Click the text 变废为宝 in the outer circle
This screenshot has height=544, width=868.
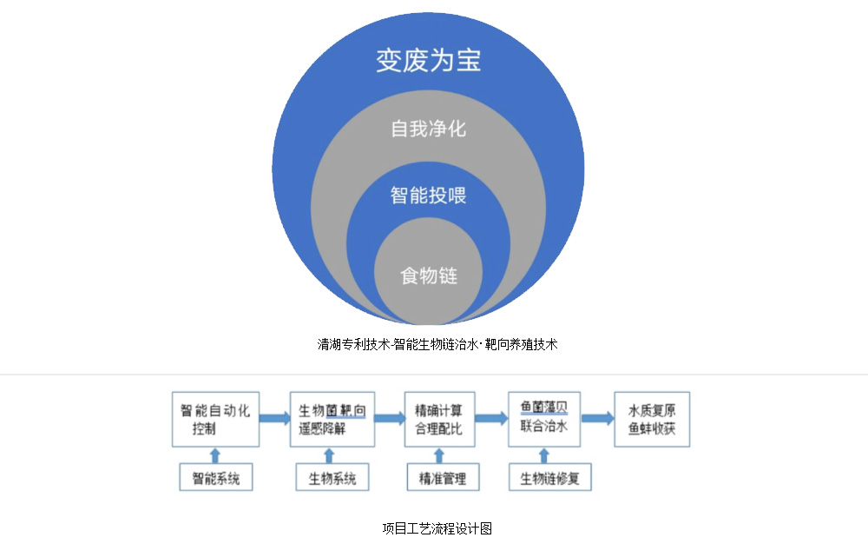pyautogui.click(x=428, y=61)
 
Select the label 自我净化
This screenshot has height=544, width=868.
pyautogui.click(x=428, y=129)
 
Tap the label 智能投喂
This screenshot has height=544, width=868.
pyautogui.click(x=428, y=196)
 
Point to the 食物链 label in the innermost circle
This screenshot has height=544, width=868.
pyautogui.click(x=428, y=276)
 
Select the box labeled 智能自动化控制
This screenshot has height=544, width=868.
pyautogui.click(x=215, y=420)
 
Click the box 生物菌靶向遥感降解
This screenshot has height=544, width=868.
pyautogui.click(x=332, y=420)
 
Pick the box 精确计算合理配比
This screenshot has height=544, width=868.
pyautogui.click(x=439, y=420)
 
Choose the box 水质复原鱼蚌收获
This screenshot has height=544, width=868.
pyautogui.click(x=652, y=420)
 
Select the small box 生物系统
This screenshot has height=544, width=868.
pyautogui.click(x=326, y=478)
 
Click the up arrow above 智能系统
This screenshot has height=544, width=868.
pyautogui.click(x=216, y=455)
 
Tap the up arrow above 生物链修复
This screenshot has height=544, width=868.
pyautogui.click(x=544, y=455)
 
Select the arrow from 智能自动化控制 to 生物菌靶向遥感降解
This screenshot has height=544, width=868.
pyautogui.click(x=274, y=419)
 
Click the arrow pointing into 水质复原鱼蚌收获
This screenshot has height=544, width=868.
pyautogui.click(x=596, y=419)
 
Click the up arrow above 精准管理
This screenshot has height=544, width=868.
pyautogui.click(x=439, y=455)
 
